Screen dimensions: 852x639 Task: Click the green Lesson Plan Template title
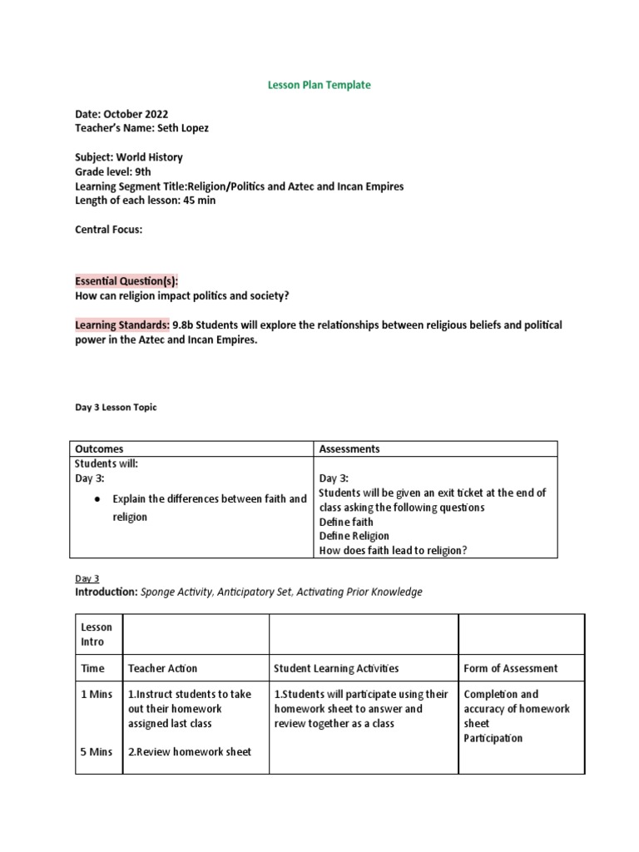[x=319, y=85]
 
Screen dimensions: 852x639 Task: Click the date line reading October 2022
[x=125, y=114]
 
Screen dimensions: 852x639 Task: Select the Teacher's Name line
[x=141, y=127]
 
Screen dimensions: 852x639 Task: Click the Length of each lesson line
[x=140, y=201]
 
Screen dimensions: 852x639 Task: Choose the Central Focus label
[x=108, y=230]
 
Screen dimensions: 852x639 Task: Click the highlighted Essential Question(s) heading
[x=126, y=281]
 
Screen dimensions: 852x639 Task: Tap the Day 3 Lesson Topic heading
[x=116, y=408]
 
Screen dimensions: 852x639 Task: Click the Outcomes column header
[x=99, y=448]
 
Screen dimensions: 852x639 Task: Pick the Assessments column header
[x=349, y=448]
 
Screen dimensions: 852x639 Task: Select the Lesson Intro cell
[x=97, y=634]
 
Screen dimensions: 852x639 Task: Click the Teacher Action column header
[x=162, y=668]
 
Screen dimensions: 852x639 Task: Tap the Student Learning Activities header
[x=336, y=668]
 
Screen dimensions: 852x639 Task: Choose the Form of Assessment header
[x=510, y=668]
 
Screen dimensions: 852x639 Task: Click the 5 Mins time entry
[x=97, y=752]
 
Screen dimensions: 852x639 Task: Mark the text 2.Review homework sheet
[x=189, y=752]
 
